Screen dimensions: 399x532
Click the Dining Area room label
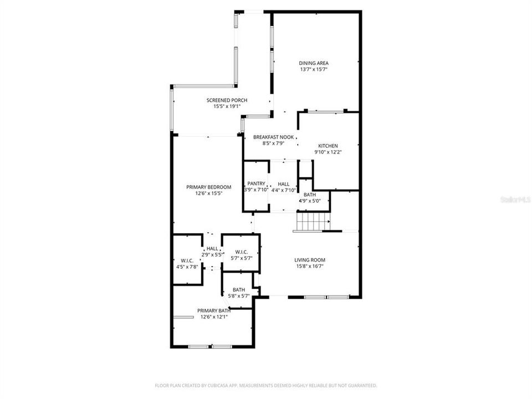[x=314, y=63]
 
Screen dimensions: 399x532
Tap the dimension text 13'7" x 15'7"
[x=314, y=70]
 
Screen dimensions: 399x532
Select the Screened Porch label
[x=227, y=100]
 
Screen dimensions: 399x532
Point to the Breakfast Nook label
[x=273, y=137]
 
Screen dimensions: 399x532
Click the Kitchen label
[x=328, y=146]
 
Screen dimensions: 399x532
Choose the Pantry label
[x=257, y=183]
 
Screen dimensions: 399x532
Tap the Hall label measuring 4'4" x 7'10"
[x=284, y=184]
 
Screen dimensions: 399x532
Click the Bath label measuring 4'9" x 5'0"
[x=310, y=195]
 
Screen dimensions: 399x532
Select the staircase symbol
[x=311, y=222]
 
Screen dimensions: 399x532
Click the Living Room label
[x=309, y=260]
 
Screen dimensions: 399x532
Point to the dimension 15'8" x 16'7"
[x=309, y=267]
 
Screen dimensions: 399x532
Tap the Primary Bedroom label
[x=208, y=187]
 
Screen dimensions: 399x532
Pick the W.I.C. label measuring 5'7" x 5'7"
[x=241, y=252]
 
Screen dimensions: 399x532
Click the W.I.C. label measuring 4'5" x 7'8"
[x=186, y=260]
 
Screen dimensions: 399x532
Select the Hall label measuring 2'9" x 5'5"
[x=212, y=249]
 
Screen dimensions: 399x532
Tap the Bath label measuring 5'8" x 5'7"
[x=239, y=289]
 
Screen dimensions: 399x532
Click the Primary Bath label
[x=213, y=310]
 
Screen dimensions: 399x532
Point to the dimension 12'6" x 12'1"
[x=213, y=317]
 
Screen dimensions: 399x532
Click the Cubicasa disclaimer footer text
[x=266, y=385]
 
